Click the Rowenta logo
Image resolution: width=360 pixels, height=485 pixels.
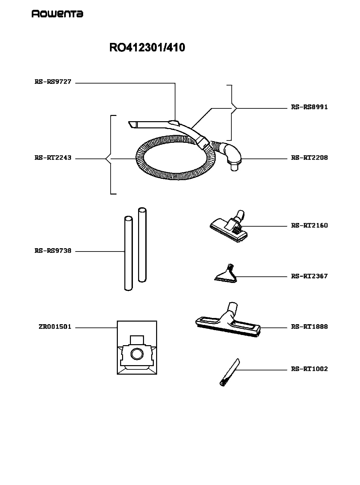57,14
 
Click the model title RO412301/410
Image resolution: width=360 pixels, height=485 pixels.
147,47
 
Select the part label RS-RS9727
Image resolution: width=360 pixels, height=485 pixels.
53,82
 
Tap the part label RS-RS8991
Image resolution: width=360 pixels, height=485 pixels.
309,107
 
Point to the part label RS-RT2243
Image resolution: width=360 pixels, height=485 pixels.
53,158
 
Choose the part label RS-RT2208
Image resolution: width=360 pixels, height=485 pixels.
309,158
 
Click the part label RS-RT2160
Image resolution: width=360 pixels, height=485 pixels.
309,225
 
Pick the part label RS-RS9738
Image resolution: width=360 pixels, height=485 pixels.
53,251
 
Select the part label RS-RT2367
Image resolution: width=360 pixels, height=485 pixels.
309,276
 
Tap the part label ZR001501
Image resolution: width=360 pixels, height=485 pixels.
55,327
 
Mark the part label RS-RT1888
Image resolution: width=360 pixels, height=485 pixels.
309,327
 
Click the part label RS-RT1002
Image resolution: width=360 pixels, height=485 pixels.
309,369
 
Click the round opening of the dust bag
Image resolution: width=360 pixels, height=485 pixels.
137,354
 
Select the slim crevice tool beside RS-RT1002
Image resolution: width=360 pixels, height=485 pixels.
229,372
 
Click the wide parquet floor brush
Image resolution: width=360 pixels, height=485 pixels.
228,322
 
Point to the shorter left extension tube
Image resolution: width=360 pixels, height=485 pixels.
129,253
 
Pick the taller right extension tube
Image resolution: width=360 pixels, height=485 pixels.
142,245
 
